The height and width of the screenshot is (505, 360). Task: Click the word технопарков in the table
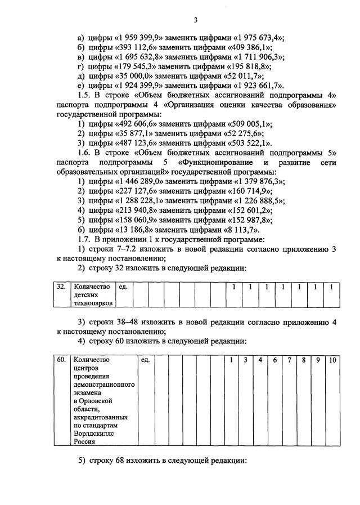(93, 303)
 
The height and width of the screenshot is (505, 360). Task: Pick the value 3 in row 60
(246, 359)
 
